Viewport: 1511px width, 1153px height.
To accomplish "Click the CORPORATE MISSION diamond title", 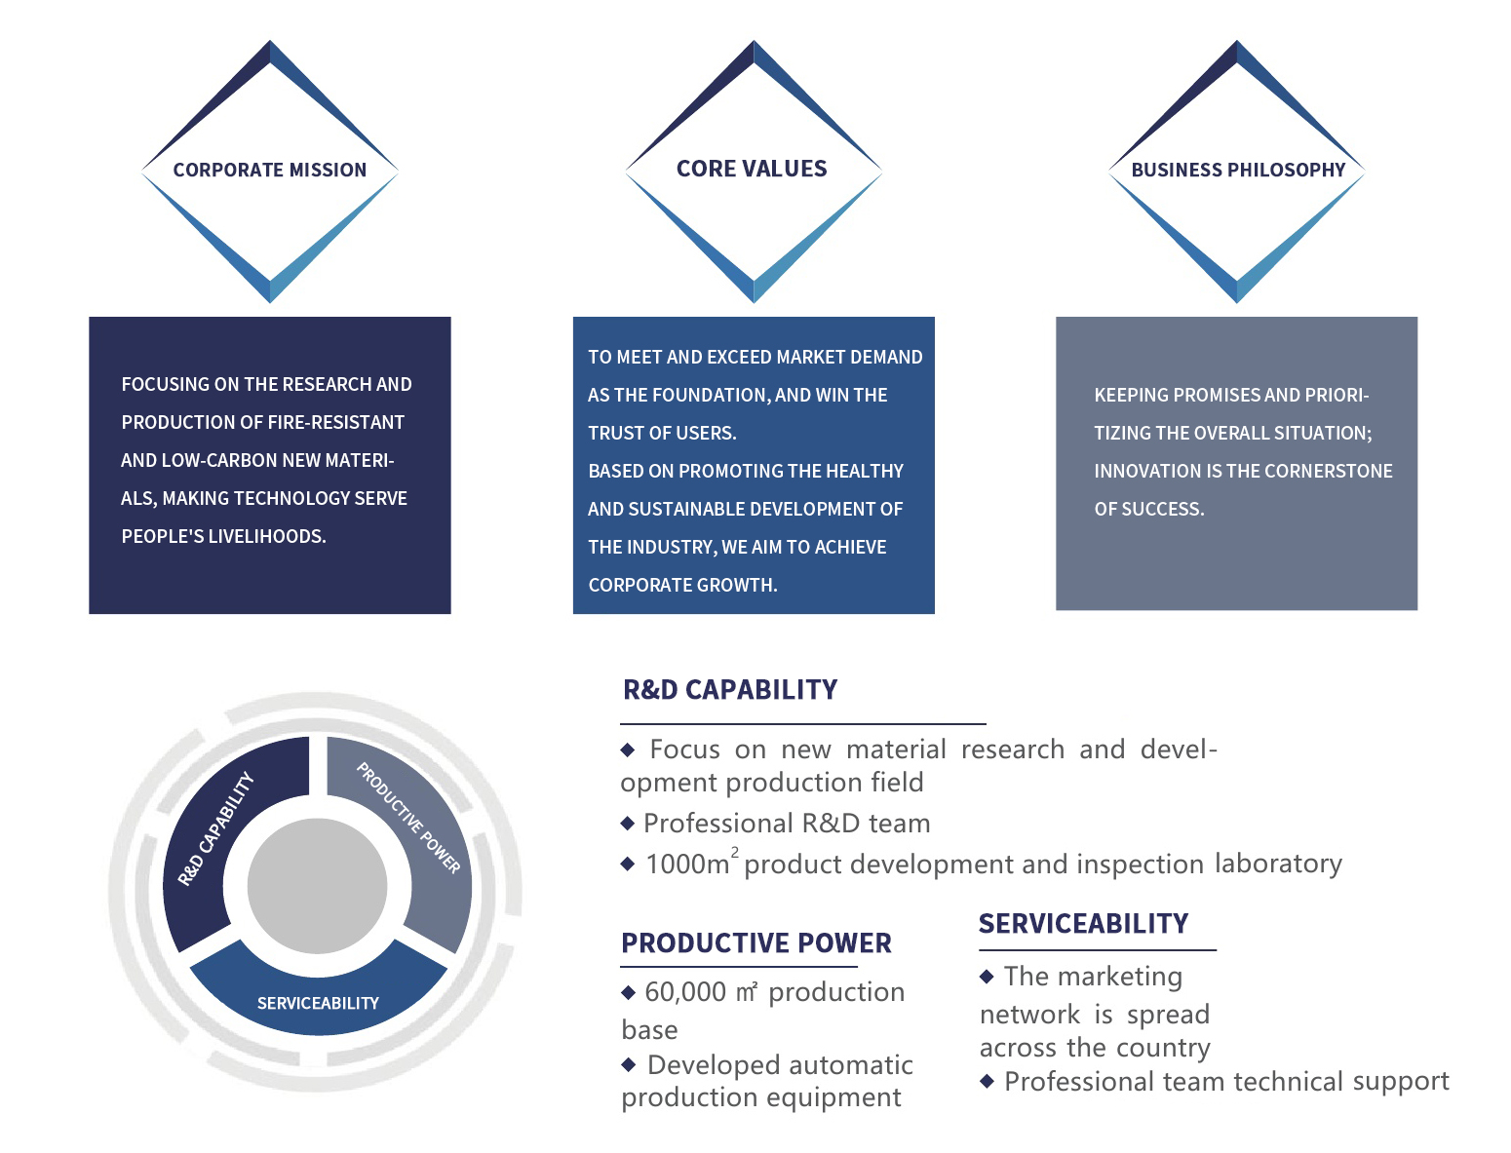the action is pos(269,170).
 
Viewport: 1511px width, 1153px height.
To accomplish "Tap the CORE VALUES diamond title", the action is pos(751,168).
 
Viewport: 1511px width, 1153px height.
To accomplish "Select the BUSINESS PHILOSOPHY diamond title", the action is pos(1238,170).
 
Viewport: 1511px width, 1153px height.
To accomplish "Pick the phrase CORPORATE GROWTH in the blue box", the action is pos(682,585).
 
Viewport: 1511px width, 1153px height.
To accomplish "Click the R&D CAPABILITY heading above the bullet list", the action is pos(730,689).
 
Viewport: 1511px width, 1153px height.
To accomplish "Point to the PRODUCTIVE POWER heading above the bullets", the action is pos(755,942).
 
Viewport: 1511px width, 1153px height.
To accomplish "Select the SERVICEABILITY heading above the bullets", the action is pos(1083,923).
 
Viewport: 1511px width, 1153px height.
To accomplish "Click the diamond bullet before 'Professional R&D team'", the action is pos(627,823).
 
